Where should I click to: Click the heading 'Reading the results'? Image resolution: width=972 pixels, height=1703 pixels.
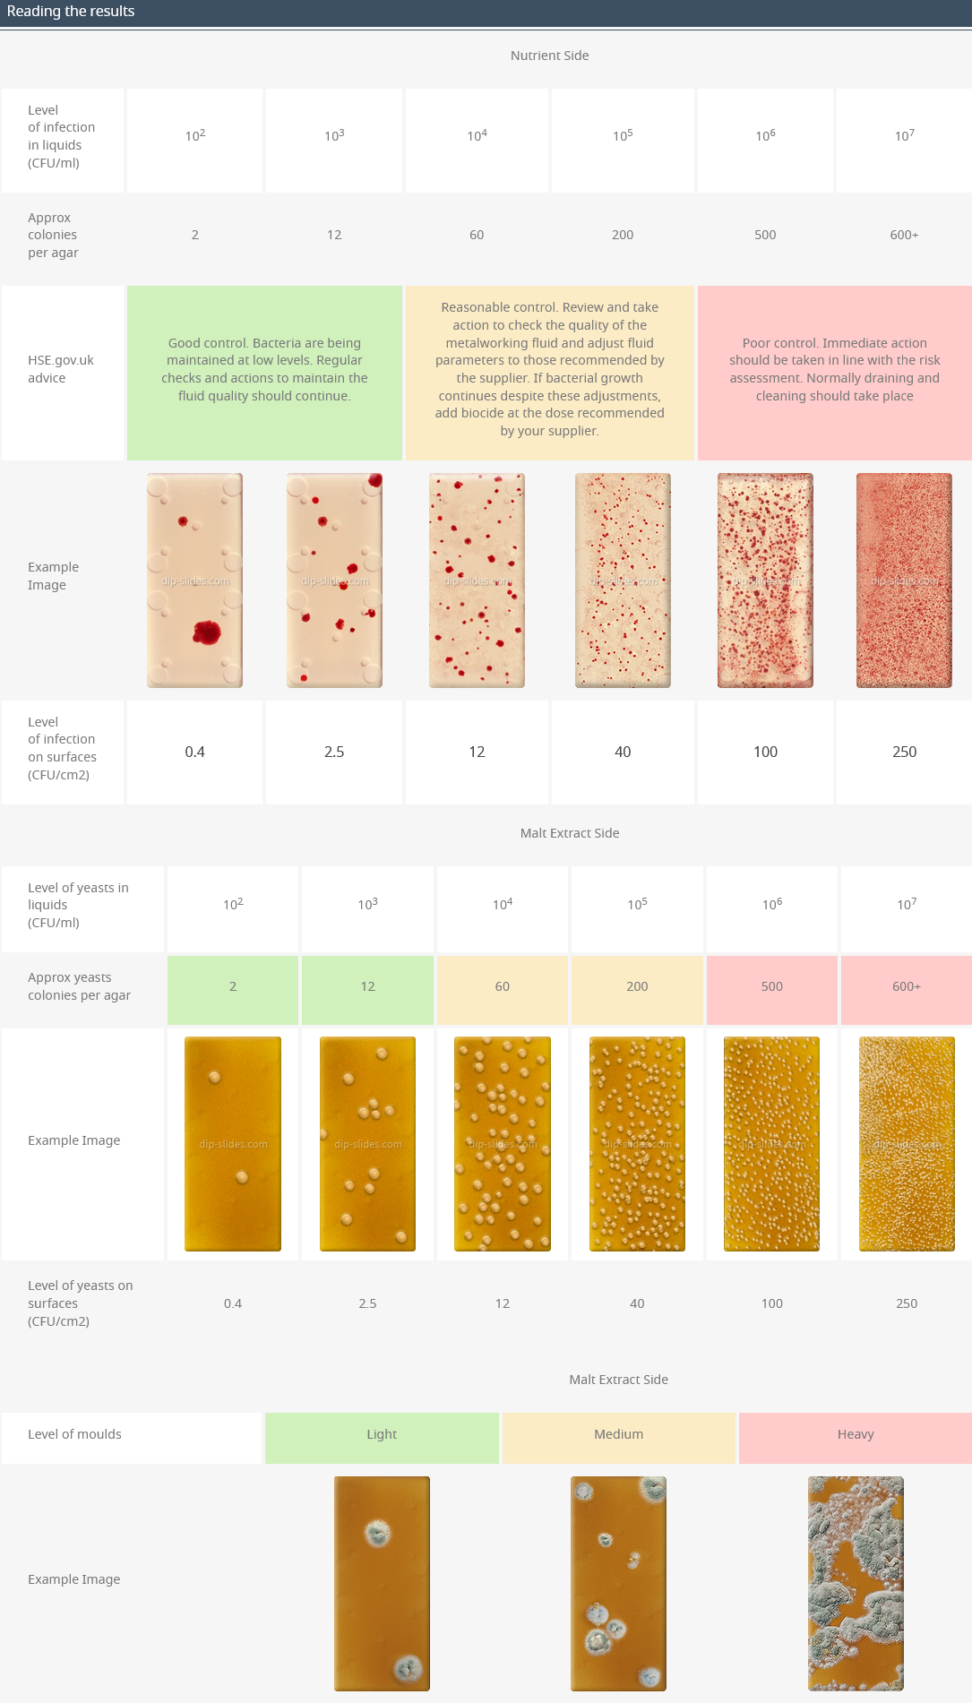(71, 12)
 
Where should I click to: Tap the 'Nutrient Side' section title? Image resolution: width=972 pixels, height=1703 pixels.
(549, 56)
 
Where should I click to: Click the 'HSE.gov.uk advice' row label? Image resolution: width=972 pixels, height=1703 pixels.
(61, 369)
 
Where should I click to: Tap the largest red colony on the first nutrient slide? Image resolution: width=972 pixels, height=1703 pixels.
(207, 632)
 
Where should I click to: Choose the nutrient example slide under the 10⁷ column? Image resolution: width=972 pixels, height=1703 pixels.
(904, 581)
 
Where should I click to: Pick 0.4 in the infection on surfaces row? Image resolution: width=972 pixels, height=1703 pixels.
(195, 752)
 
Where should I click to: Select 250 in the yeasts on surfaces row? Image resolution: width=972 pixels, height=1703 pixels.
(907, 1303)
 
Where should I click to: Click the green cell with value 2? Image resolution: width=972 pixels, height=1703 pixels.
(233, 986)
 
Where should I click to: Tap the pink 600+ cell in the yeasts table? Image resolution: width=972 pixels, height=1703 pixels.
(907, 986)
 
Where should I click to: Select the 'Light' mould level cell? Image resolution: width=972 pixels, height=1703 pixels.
(382, 1434)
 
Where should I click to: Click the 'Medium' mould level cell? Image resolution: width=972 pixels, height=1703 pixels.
(618, 1434)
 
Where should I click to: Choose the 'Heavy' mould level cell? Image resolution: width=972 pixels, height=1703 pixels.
(856, 1434)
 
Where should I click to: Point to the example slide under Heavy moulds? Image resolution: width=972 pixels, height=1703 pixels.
(856, 1583)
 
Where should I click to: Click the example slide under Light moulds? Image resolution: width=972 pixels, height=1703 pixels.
(382, 1583)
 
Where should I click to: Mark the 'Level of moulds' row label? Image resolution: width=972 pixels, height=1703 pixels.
(74, 1434)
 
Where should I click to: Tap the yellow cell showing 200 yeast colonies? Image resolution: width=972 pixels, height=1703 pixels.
(637, 986)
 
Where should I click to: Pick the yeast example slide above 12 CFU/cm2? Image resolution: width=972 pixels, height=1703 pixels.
(503, 1144)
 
